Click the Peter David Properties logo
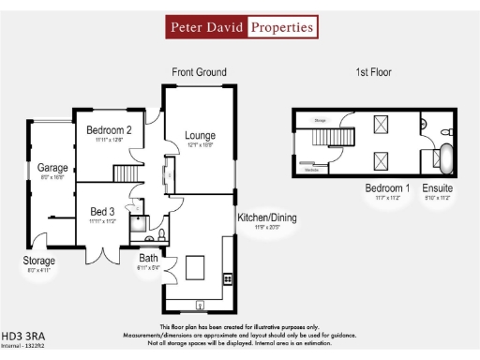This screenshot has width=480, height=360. [240, 27]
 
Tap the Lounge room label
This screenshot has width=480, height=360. [200, 135]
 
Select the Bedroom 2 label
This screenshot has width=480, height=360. [109, 130]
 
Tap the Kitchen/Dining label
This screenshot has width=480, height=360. [267, 217]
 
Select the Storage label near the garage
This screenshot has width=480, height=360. [39, 261]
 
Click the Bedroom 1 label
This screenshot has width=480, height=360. [387, 188]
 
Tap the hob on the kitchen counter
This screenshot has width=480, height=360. [227, 278]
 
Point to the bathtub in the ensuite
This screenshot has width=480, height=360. [447, 160]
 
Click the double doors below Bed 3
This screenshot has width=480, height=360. [99, 253]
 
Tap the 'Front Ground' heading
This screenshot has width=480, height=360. [199, 72]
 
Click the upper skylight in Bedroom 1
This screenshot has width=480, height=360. [382, 124]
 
